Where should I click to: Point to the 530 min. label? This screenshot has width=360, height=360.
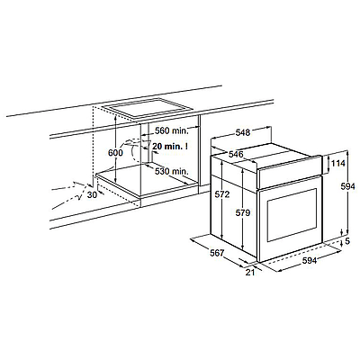pyautogui.click(x=170, y=170)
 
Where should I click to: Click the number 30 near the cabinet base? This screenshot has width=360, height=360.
pyautogui.click(x=92, y=195)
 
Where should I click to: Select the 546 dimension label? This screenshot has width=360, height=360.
pyautogui.click(x=236, y=155)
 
